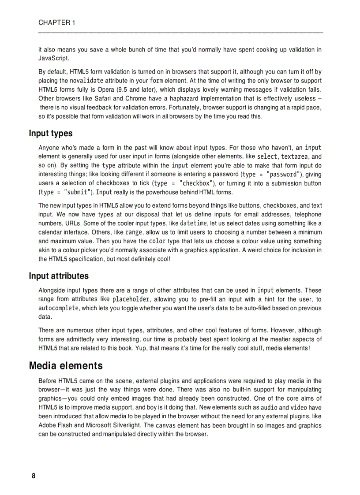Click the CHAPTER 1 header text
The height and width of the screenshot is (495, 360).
click(x=56, y=23)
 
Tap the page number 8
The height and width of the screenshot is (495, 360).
click(x=33, y=476)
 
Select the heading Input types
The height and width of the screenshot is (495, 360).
click(x=51, y=133)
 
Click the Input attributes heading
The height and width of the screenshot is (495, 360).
click(x=59, y=276)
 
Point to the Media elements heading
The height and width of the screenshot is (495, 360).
click(x=66, y=366)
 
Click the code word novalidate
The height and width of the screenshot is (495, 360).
click(x=87, y=81)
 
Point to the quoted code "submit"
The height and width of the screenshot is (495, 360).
click(x=78, y=192)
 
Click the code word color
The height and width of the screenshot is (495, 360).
click(x=157, y=241)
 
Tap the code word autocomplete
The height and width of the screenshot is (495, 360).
click(x=59, y=308)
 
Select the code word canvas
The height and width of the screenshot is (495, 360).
click(x=166, y=426)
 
